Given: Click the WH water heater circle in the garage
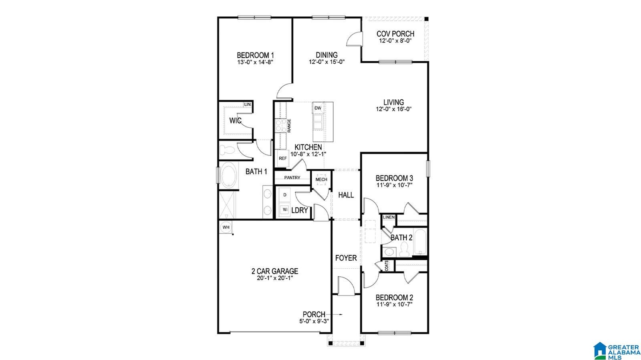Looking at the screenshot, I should [226, 227].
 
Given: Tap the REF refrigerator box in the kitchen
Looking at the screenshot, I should [283, 158].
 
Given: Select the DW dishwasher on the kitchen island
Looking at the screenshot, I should [318, 108].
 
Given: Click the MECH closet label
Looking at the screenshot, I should [321, 179].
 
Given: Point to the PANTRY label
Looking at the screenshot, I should [292, 177].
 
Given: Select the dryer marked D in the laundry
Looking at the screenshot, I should [285, 195].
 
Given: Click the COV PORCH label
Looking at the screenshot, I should [395, 34].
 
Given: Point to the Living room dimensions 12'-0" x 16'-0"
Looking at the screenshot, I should [394, 109].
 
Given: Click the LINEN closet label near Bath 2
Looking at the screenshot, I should [389, 217].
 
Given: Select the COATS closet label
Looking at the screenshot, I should [387, 266].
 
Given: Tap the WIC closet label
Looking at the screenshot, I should [235, 121].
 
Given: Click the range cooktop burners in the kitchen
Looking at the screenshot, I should [280, 125].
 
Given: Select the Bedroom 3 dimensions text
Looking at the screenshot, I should [394, 185].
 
